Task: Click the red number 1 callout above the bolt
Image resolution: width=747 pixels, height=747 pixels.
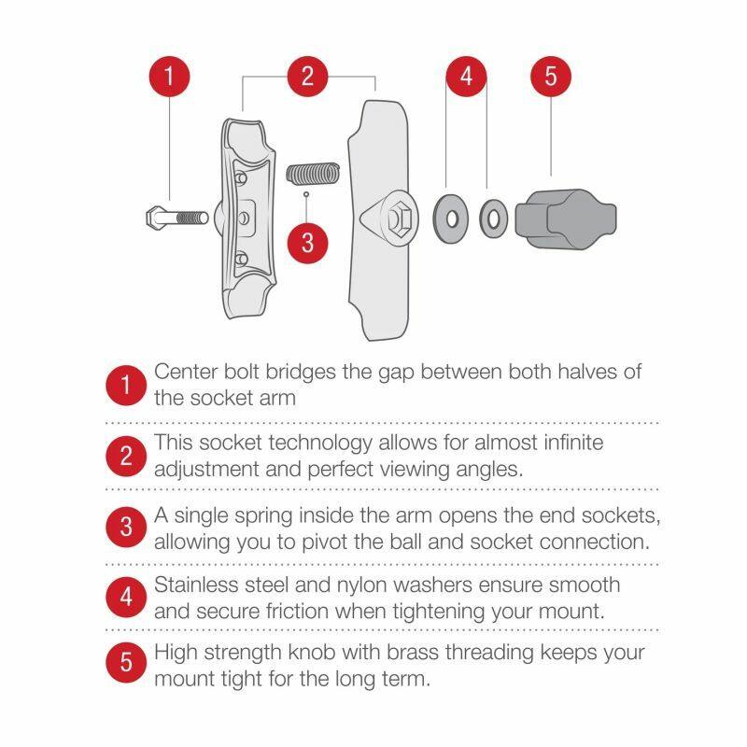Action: pos(169,77)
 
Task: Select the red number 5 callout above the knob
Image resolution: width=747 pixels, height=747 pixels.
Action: pos(550,77)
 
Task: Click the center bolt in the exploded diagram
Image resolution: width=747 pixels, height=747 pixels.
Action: pos(176,218)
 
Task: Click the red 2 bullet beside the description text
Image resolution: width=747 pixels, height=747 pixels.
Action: pos(126,457)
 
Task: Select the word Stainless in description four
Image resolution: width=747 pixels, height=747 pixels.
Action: pos(195,585)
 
